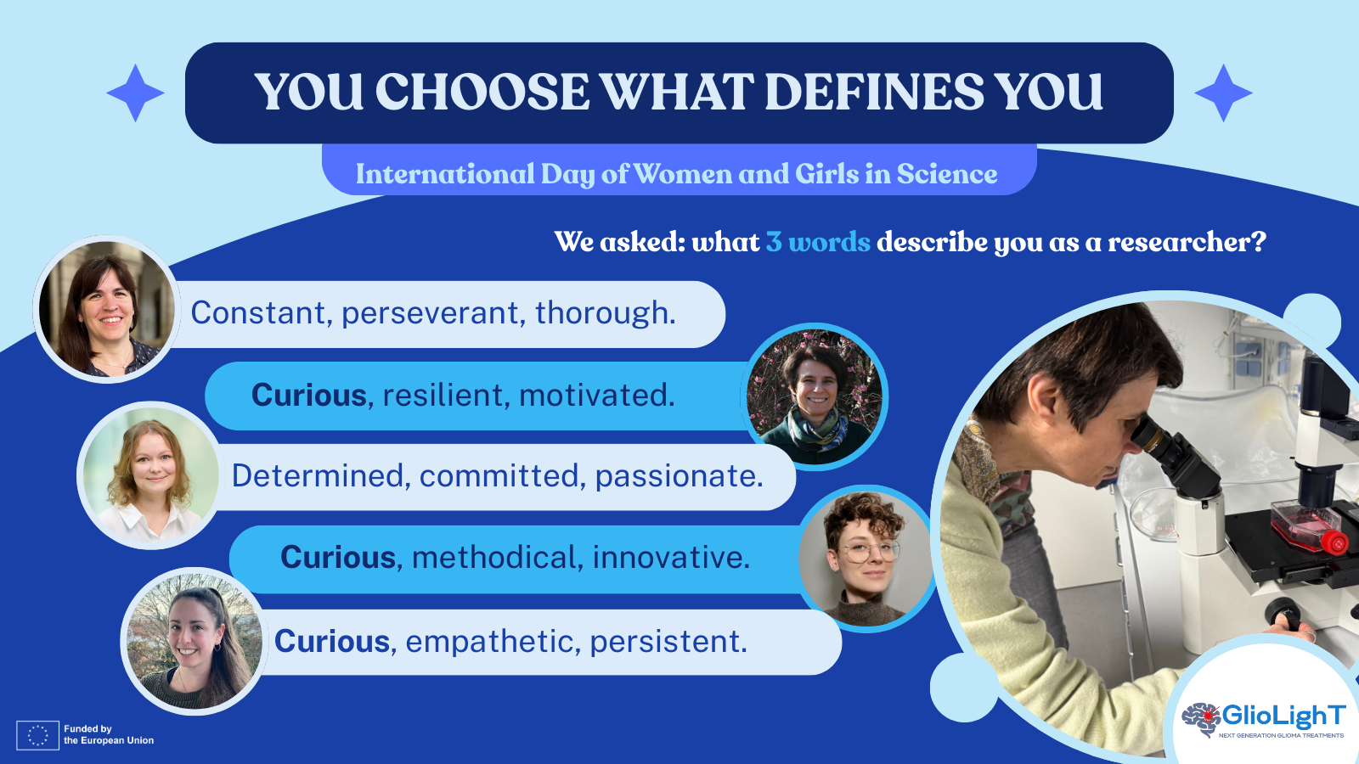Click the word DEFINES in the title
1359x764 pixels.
tap(873, 92)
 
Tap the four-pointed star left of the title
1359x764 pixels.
tap(135, 93)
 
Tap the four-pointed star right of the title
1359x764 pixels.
tap(1223, 93)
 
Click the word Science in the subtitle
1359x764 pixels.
tap(947, 174)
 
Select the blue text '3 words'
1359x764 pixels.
tap(818, 242)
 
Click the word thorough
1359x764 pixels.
tap(605, 313)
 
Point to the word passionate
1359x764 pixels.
tap(679, 476)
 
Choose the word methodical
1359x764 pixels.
tap(493, 557)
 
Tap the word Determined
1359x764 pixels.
tap(318, 475)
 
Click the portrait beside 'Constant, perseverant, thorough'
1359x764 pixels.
tap(107, 309)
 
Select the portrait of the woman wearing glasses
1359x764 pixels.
tap(866, 559)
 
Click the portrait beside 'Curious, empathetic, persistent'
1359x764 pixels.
tap(195, 641)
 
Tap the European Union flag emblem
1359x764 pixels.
tap(37, 735)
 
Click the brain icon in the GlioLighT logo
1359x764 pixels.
tap(1201, 719)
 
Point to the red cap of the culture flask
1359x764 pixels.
tap(1334, 542)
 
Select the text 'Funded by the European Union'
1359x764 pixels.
tap(109, 734)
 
